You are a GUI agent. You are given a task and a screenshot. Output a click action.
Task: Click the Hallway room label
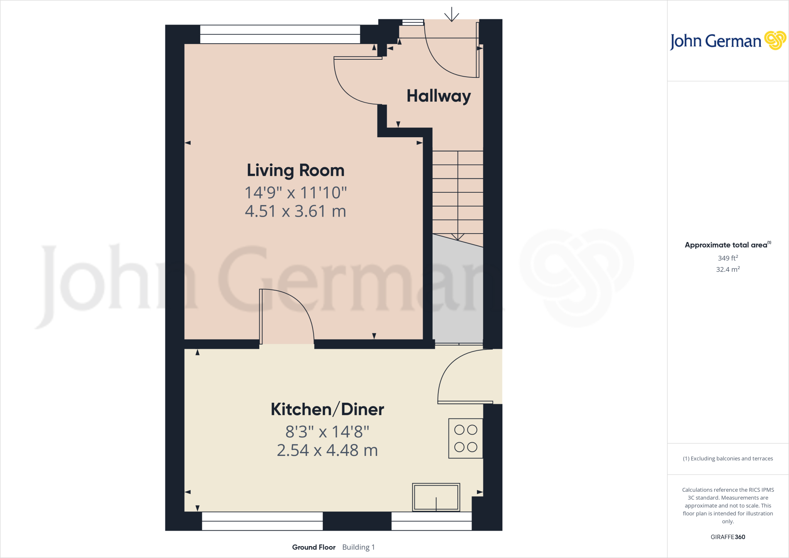[x=438, y=96]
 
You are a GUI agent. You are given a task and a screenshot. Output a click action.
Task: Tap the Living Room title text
[x=295, y=170]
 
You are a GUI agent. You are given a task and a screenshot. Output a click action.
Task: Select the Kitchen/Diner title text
[x=327, y=409]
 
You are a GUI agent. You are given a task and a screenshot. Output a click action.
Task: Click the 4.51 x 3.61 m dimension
[x=295, y=211]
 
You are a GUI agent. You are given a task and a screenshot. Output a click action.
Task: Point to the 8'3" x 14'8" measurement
[x=327, y=432]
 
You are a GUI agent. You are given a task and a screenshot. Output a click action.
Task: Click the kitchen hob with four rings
[x=465, y=438]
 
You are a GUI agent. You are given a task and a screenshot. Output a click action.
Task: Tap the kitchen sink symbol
[x=436, y=497]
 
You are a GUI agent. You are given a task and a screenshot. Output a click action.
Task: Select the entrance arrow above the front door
[x=452, y=15]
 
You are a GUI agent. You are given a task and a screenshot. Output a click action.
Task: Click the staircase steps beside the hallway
[x=458, y=193]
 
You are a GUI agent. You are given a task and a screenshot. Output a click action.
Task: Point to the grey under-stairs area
[x=458, y=293]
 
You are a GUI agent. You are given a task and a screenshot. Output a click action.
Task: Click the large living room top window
[x=280, y=34]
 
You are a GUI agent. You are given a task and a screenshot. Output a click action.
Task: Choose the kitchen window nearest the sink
[x=431, y=521]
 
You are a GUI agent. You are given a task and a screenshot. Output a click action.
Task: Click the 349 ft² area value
[x=728, y=258]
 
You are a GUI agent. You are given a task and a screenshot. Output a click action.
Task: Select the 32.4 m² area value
[x=728, y=269]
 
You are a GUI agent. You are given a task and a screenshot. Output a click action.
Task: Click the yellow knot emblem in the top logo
[x=775, y=40]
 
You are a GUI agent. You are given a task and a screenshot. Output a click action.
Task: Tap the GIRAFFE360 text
[x=728, y=537]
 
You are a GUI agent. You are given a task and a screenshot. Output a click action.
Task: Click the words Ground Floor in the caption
[x=314, y=547]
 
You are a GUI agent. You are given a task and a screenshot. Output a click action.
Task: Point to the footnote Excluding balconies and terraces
[x=728, y=459]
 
